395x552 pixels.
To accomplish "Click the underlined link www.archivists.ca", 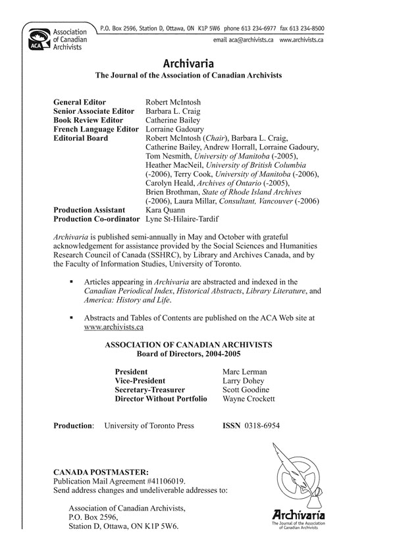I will (115, 327).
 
